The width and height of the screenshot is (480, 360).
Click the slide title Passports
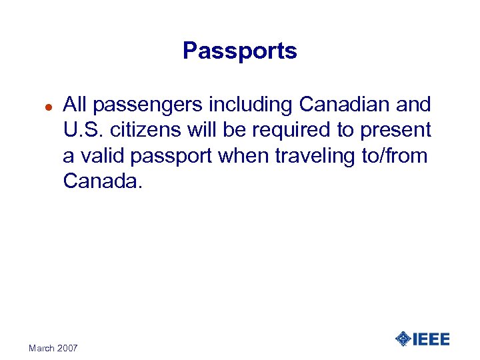coord(240,51)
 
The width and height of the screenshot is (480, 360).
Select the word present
coord(397,131)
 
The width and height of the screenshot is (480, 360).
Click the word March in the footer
coord(42,348)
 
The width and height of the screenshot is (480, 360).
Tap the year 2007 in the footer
coord(67,348)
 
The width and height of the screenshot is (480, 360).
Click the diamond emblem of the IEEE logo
coord(403,339)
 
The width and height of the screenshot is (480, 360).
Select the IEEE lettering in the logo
coord(431,339)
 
